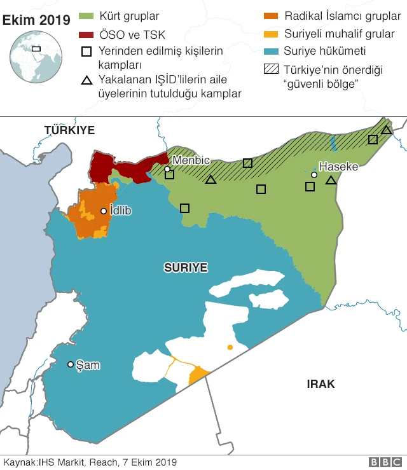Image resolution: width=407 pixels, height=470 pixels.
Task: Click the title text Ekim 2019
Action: point(36,20)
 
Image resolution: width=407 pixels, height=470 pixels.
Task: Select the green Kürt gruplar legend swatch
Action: point(86,15)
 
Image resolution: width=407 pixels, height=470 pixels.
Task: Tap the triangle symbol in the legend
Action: point(86,80)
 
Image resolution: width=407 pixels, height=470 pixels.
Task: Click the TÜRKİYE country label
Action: point(69,130)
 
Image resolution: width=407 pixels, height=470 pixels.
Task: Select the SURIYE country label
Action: point(186,268)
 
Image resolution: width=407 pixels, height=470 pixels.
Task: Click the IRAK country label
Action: point(321,384)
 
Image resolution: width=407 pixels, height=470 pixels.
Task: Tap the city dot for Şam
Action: point(71,364)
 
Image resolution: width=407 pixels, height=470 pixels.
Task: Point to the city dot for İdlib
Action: point(104,211)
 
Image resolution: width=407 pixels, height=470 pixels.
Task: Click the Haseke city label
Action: point(338,167)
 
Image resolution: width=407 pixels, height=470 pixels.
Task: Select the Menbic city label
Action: point(191,160)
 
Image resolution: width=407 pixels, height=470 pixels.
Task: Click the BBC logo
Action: point(384,462)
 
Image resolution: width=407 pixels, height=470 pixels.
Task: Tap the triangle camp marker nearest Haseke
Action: point(331,181)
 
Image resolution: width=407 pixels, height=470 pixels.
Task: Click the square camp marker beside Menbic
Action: point(170,174)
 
